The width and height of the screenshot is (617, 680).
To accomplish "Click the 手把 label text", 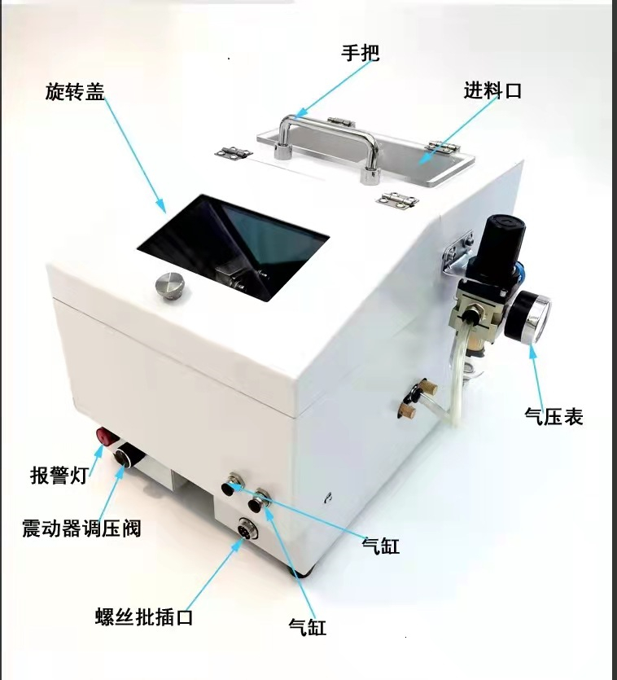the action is pos(360,53).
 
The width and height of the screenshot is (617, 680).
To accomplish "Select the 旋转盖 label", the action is pos(75,92).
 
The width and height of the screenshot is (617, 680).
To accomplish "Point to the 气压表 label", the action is pos(554,417).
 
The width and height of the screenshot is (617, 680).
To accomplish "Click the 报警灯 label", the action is pos(59,475).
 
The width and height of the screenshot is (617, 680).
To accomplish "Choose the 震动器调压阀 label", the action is pos(81,529).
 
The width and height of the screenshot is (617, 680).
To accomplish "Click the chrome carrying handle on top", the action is pos(326,126).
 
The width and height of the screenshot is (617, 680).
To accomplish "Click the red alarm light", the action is pos(106,434).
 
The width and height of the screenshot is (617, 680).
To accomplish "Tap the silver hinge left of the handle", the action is pos(233,151).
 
